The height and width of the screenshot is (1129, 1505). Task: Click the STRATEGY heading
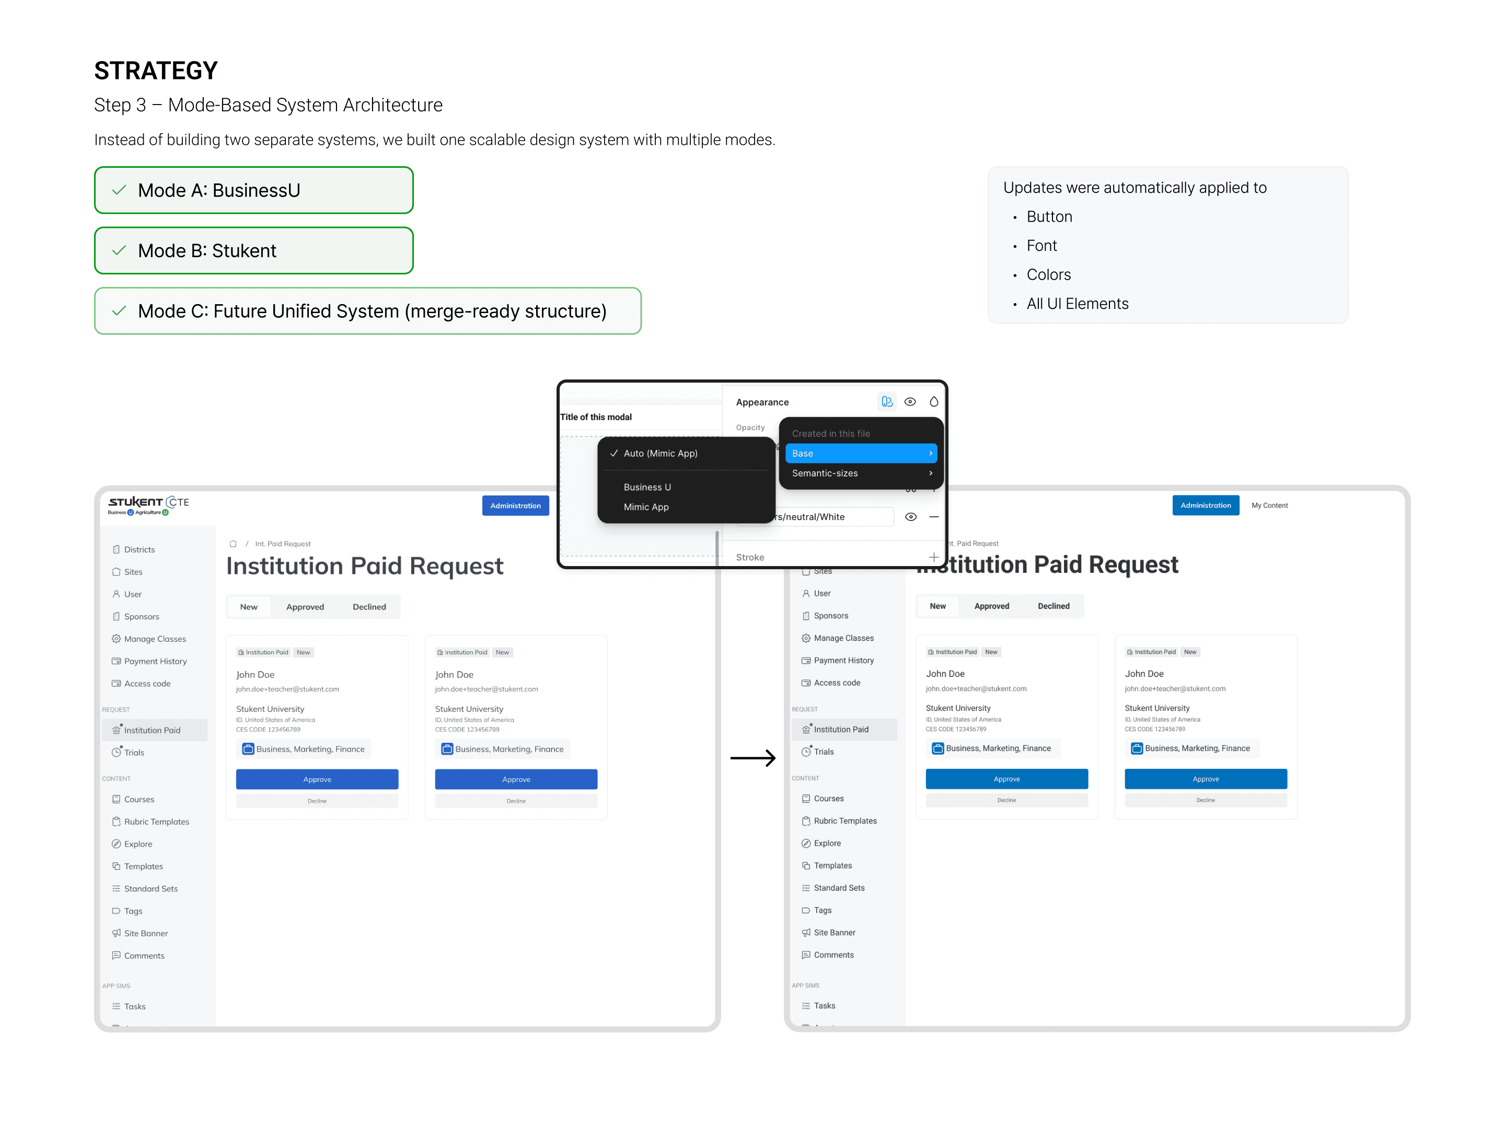[x=156, y=71]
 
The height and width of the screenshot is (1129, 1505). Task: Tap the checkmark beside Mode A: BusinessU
[x=119, y=191]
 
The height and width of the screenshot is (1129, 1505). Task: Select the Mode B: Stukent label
[x=207, y=251]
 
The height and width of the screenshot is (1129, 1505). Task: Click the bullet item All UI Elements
[x=1076, y=304]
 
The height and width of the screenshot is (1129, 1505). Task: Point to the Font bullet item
[x=1041, y=246]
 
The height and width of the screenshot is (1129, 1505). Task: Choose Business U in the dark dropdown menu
[x=646, y=487]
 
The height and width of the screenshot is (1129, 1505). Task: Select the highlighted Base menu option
[x=861, y=453]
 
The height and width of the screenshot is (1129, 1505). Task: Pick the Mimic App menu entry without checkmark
[x=646, y=507]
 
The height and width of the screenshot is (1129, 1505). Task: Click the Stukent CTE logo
[x=148, y=505]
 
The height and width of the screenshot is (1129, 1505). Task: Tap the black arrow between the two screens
[x=752, y=757]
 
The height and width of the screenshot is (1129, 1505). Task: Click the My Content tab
[x=1269, y=505]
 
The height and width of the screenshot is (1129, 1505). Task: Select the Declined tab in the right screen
[x=1052, y=606]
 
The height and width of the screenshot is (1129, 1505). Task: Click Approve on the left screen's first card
[x=317, y=779]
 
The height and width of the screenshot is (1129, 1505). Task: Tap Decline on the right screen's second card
[x=1205, y=800]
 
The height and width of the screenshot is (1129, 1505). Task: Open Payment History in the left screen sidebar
[x=155, y=662]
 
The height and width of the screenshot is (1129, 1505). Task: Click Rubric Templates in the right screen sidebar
[x=844, y=822]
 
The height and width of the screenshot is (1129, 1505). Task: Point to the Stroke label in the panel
[x=750, y=557]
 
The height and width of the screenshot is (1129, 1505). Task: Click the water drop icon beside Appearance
[x=933, y=402]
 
